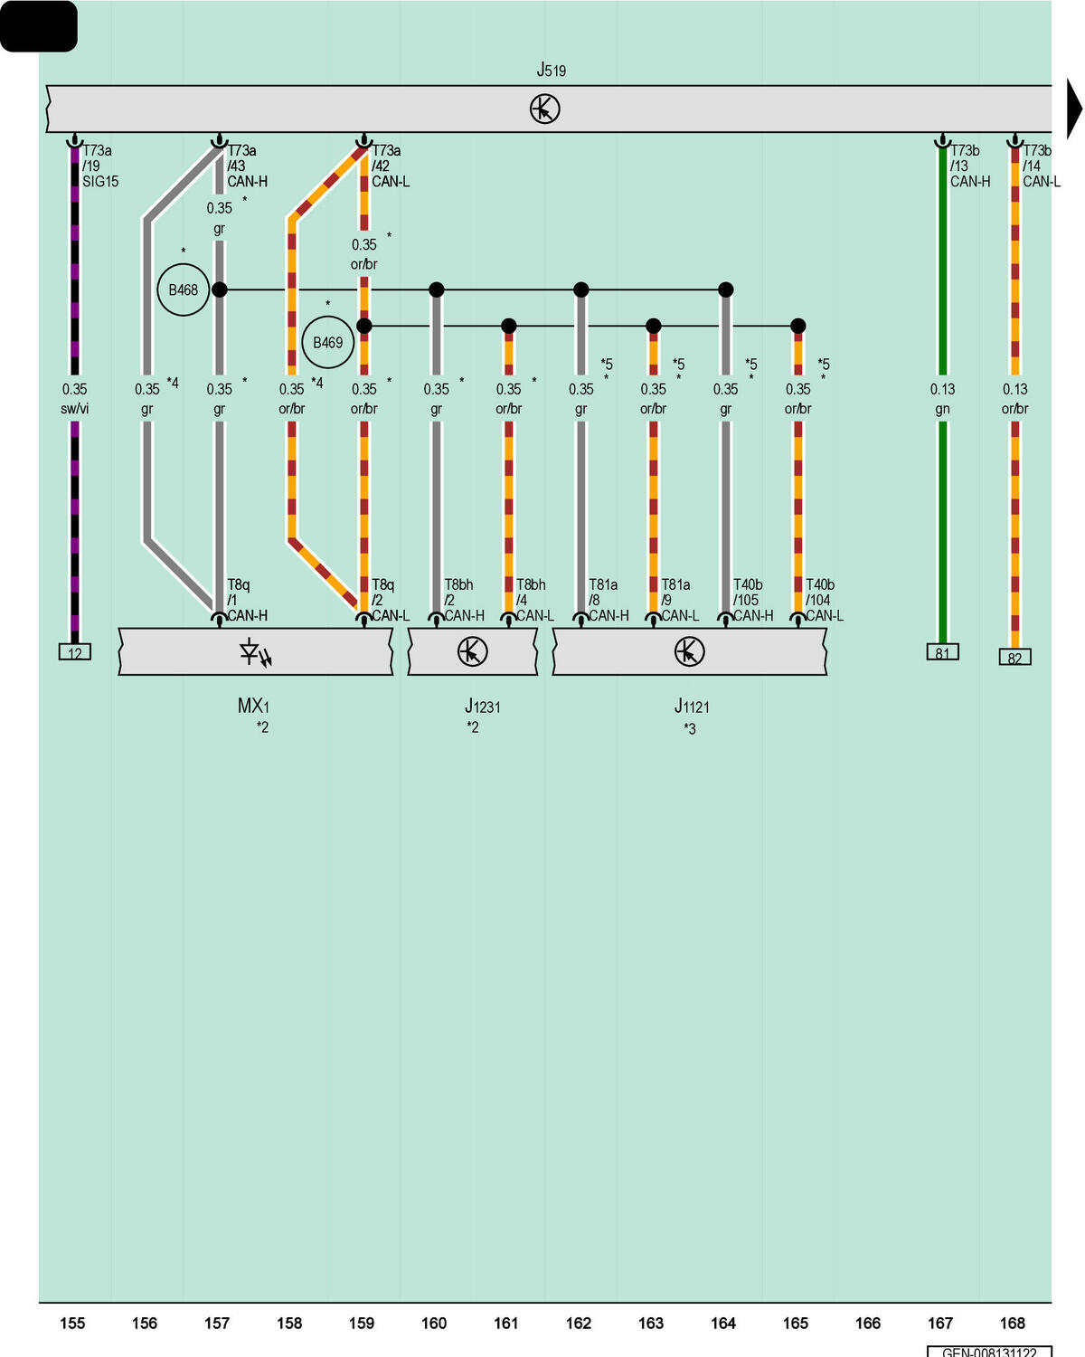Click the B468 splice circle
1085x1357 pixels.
183,289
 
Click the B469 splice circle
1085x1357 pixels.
328,342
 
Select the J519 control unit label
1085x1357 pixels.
551,70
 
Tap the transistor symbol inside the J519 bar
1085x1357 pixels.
544,109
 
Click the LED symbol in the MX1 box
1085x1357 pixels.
255,652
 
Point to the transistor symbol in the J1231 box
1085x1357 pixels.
472,651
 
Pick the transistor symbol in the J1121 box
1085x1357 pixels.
689,651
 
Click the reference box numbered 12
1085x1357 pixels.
74,651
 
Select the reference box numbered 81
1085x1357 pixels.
942,651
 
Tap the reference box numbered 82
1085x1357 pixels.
1015,657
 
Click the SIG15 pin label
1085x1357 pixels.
100,182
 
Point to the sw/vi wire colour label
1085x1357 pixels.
74,409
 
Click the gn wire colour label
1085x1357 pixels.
942,409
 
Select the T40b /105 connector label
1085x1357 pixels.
748,593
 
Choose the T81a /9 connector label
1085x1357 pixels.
675,593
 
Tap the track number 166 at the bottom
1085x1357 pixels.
867,1323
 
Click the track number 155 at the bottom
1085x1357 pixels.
72,1323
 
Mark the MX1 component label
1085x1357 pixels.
253,706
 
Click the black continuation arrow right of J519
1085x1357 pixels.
1074,109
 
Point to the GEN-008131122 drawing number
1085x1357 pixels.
989,1352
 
